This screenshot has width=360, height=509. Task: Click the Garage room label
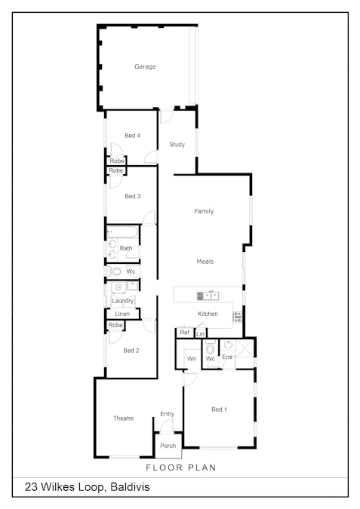coord(145,66)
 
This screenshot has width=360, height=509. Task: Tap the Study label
coord(177,145)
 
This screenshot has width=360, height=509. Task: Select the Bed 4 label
coord(132,136)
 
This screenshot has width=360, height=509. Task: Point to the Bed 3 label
coord(133,196)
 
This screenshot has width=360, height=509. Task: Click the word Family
coord(204,211)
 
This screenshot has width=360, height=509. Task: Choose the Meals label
coord(205,262)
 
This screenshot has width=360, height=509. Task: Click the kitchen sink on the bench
coord(208,296)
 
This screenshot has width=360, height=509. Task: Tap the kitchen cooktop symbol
coord(238,317)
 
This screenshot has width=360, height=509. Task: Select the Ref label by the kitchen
coord(185,333)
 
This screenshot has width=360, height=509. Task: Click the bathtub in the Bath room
coord(122,232)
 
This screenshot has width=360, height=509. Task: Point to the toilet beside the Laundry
coord(115,271)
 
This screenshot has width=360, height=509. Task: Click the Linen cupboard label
coord(122,314)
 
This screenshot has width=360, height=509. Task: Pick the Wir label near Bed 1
coord(192,359)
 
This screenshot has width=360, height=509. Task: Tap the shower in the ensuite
coord(245,349)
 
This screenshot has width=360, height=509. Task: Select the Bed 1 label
coord(219,409)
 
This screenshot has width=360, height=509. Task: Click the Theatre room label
coord(124,418)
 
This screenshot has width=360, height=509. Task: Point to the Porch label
coord(168,446)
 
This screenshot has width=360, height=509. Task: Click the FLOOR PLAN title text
coord(181,468)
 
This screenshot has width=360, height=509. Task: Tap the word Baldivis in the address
coord(130,487)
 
